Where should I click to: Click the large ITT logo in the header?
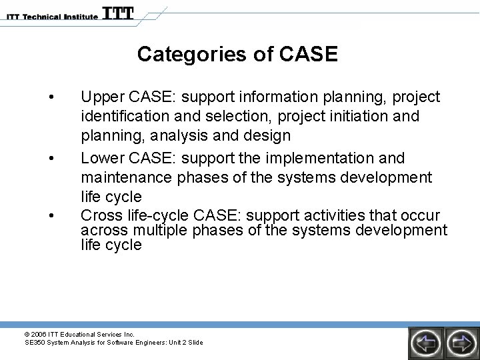pos(119,13)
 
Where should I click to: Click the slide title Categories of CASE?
pos(237,53)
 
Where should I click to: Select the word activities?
pos(331,215)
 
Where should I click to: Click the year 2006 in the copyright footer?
pos(39,334)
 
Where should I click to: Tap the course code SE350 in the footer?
pos(34,343)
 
